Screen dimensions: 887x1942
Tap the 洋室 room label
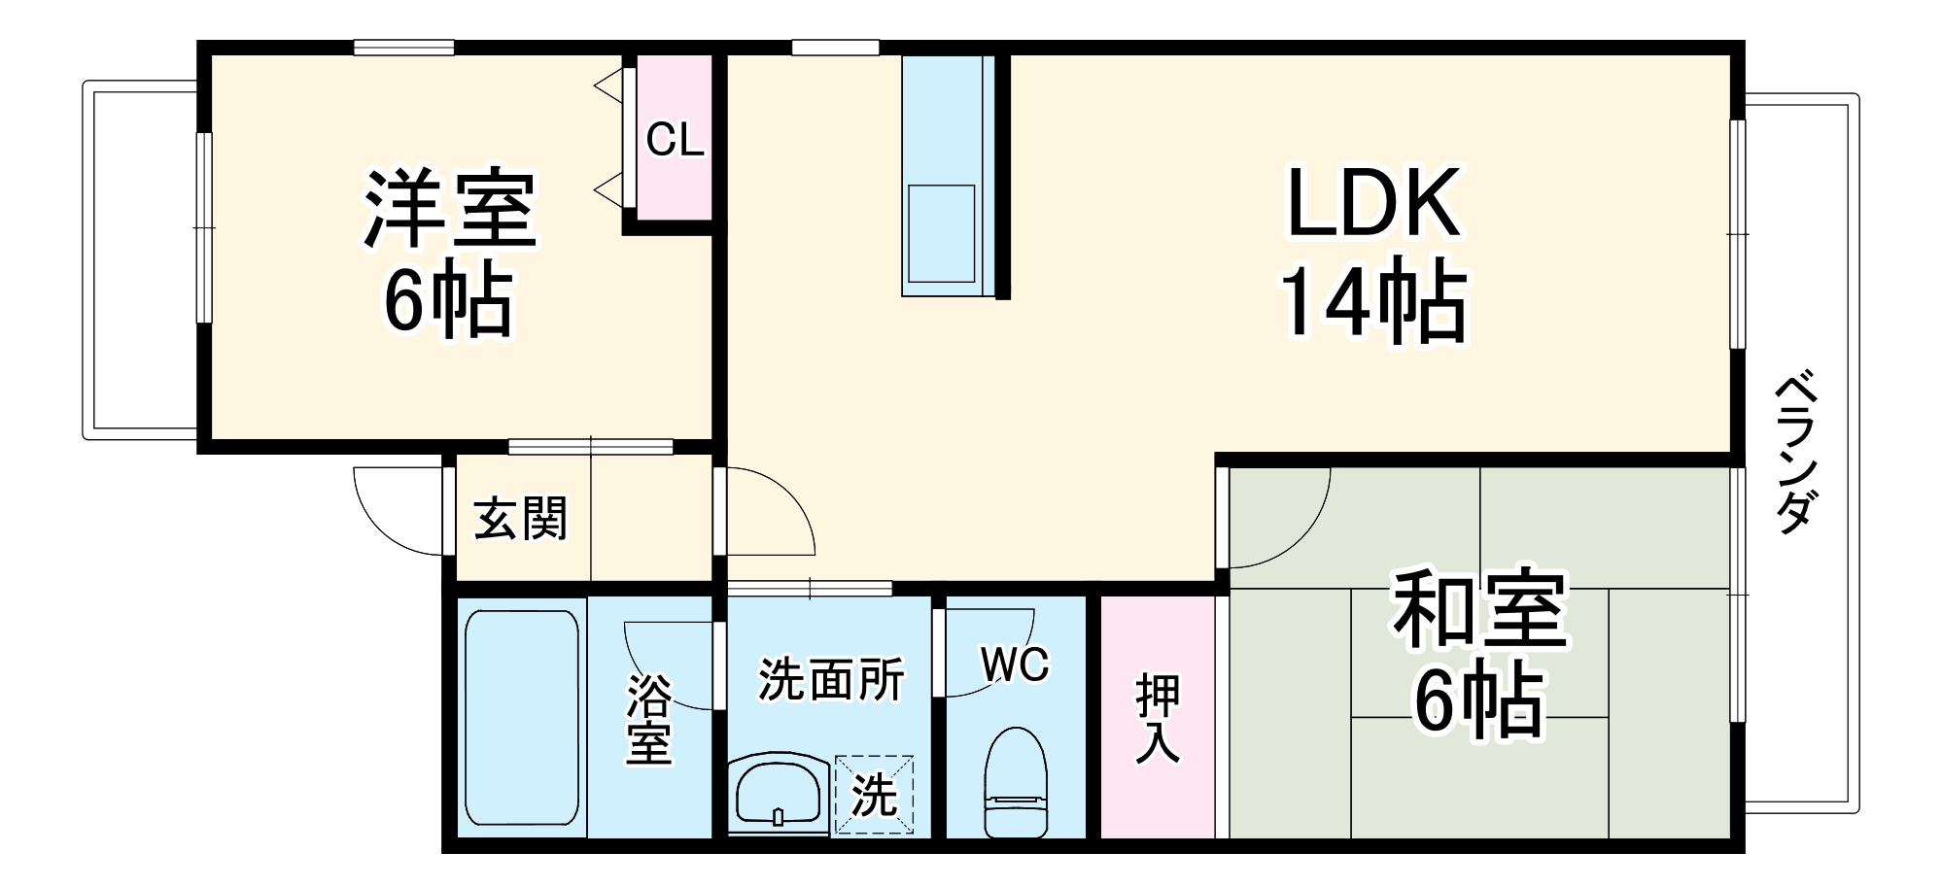point(450,209)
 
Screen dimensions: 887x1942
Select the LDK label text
point(1373,204)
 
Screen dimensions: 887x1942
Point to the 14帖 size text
point(1373,301)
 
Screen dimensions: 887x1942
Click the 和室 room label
point(1478,610)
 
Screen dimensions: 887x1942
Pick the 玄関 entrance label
point(520,519)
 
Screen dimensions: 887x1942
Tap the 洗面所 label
point(831,679)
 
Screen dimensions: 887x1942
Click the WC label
point(1015,665)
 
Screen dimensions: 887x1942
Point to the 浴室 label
point(648,719)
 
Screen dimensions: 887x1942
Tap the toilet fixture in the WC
point(1017,782)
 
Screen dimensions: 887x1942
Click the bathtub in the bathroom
point(522,717)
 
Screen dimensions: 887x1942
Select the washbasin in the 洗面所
point(780,793)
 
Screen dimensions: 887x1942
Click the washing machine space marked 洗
point(875,795)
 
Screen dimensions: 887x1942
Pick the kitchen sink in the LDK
point(941,233)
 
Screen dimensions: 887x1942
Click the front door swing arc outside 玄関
point(399,515)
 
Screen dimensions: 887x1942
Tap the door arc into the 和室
point(1281,520)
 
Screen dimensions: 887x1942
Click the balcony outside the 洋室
point(141,260)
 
